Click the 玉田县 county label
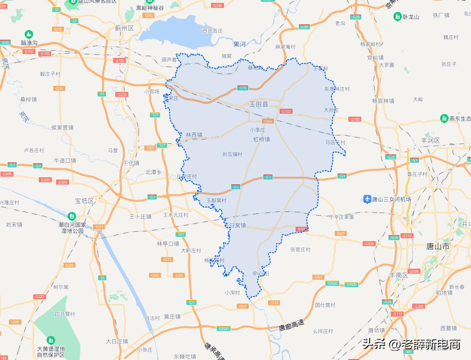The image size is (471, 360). click(258, 105)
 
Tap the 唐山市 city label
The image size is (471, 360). click(438, 246)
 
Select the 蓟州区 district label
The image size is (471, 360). click(124, 28)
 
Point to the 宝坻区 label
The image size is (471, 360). click(84, 201)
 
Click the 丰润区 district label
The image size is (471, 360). click(430, 140)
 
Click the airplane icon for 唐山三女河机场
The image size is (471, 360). click(367, 199)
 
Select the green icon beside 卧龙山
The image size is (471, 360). click(397, 17)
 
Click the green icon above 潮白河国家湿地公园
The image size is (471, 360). click(71, 216)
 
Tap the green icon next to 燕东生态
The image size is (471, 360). click(444, 118)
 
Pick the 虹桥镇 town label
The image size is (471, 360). click(261, 139)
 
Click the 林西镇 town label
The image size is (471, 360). click(194, 135)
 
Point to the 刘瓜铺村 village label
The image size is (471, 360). click(232, 154)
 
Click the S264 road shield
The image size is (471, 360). click(267, 121)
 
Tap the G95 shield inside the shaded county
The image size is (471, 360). click(243, 88)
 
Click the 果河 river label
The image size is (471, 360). click(239, 44)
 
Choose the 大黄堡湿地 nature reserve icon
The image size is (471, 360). click(51, 340)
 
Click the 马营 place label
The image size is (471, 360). click(113, 151)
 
